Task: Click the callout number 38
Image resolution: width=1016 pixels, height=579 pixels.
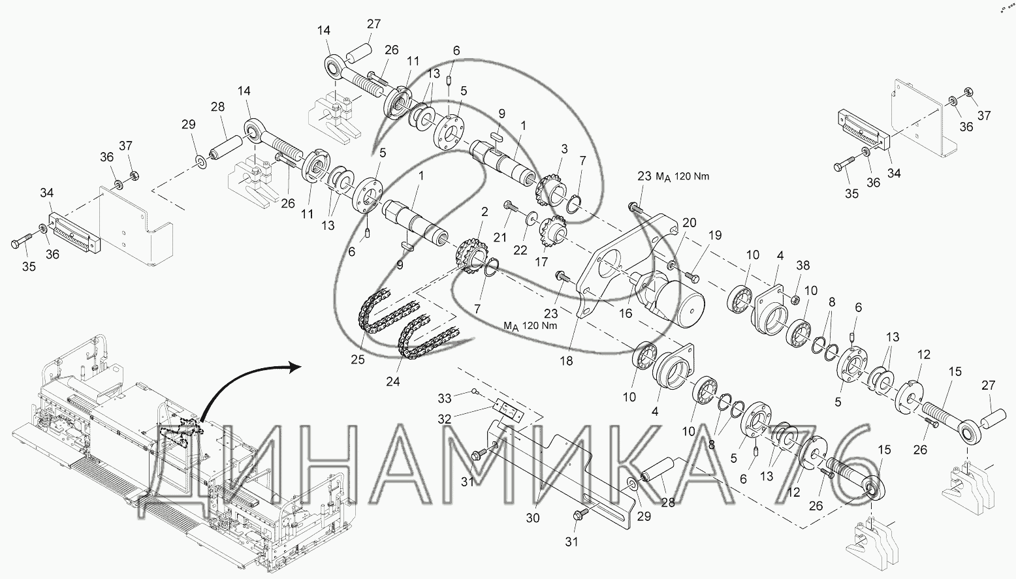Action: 803,266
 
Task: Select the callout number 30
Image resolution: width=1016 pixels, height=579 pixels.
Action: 533,518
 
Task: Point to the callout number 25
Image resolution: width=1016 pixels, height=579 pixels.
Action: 357,359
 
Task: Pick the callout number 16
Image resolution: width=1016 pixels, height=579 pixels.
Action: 626,313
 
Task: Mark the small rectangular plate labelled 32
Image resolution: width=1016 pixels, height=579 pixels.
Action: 507,409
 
